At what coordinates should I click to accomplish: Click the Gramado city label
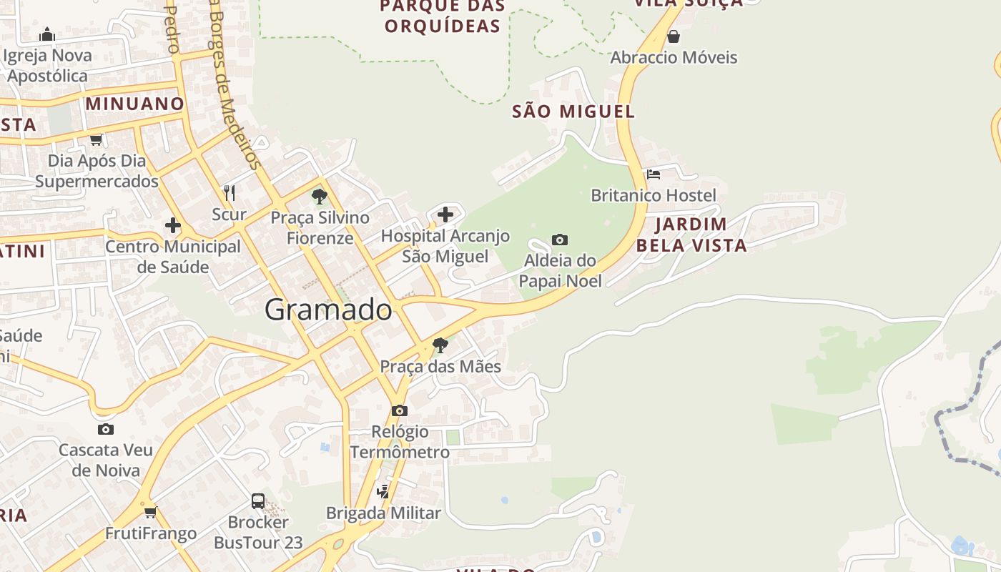pos(328,310)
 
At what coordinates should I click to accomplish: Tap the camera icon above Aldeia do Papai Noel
pos(560,240)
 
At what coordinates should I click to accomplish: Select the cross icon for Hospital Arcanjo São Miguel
pos(445,214)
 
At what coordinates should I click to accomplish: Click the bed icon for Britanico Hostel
pos(654,174)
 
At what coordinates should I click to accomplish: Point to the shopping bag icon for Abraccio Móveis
pos(673,36)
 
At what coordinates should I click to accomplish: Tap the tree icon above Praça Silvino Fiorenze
pos(320,195)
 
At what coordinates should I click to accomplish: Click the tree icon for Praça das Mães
pos(440,345)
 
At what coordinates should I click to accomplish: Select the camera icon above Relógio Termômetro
pos(400,410)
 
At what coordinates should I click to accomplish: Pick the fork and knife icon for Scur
pos(230,192)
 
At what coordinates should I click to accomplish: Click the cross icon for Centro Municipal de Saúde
pos(173,225)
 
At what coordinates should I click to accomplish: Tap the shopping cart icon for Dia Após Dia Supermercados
pos(96,139)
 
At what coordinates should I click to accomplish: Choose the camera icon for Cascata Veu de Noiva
pos(106,429)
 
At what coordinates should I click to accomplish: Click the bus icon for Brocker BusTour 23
pos(258,500)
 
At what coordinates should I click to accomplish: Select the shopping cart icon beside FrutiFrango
pos(150,512)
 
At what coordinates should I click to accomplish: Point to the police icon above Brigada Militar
pos(384,491)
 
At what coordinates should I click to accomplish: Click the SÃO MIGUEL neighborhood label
pos(573,112)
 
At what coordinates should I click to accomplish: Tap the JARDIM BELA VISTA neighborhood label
pos(691,235)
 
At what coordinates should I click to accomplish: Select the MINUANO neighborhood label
pos(135,104)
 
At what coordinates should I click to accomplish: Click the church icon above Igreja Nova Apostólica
pos(47,34)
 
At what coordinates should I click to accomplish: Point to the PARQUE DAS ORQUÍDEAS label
pos(443,16)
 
